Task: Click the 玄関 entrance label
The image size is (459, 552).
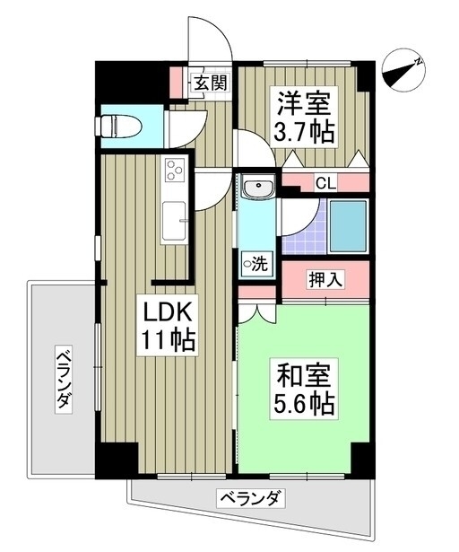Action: tap(211, 83)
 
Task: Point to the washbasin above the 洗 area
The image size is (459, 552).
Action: tap(259, 188)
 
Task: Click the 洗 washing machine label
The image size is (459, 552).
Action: tap(256, 263)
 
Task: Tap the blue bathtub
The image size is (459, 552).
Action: tap(348, 225)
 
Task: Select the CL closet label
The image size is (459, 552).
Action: tap(325, 183)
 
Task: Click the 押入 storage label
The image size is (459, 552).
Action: tap(325, 279)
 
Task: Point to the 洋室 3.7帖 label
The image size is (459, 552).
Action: tap(304, 117)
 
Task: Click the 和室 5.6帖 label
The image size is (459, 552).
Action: tap(304, 389)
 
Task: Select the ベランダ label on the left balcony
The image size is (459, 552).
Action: tap(64, 379)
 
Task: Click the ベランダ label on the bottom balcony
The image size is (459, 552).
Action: tap(250, 498)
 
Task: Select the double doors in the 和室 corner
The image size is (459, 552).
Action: tap(257, 314)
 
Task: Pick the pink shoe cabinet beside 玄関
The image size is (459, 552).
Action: tap(176, 83)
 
